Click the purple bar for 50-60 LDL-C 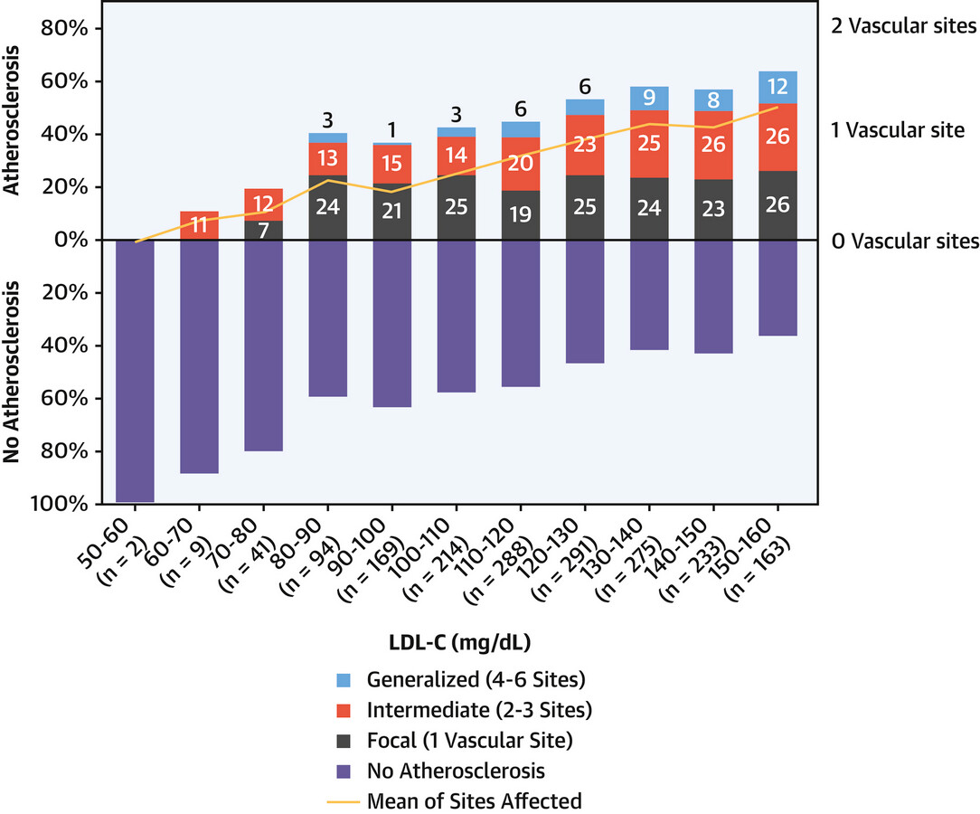pos(135,372)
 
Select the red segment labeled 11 pos(200,225)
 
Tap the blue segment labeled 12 pos(777,88)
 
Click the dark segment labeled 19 pos(521,215)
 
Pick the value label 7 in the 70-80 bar pos(264,231)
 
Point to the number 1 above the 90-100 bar pos(391,130)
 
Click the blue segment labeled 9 pos(649,99)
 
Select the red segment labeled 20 pos(521,164)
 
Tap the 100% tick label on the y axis pos(60,504)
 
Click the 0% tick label pos(71,240)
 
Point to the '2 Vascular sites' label pos(904,25)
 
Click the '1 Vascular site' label pos(898,130)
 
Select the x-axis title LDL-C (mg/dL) pos(459,642)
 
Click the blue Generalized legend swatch pos(344,680)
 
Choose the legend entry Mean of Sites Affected pos(455,800)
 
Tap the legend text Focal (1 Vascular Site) pos(469,740)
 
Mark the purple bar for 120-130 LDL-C pos(585,302)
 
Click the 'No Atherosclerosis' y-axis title pos(11,372)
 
